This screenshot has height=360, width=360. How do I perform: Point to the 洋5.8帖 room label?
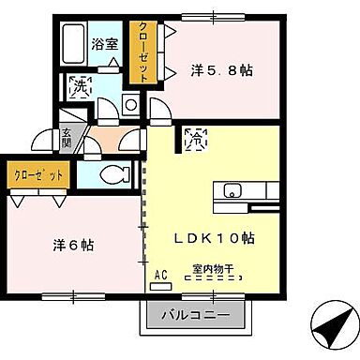[222, 69]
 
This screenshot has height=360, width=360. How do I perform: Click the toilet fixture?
[115, 173]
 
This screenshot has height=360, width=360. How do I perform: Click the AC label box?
[160, 274]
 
